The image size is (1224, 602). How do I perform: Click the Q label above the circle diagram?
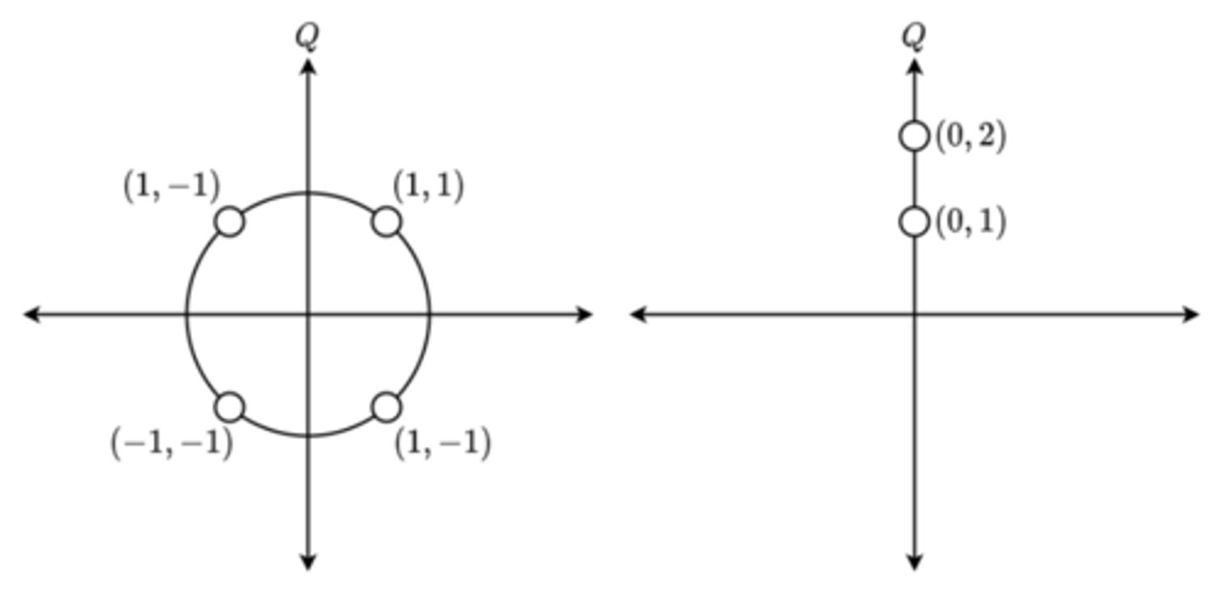point(308,36)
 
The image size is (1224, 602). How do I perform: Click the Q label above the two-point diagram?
point(914,36)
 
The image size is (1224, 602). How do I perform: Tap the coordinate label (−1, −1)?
point(171,443)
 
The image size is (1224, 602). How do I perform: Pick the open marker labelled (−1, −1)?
point(229,407)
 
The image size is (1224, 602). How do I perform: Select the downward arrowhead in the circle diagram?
point(308,562)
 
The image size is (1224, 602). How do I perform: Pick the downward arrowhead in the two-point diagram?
point(915,562)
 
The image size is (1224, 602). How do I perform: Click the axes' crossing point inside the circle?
point(308,315)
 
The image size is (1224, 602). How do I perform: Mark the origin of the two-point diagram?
point(915,315)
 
